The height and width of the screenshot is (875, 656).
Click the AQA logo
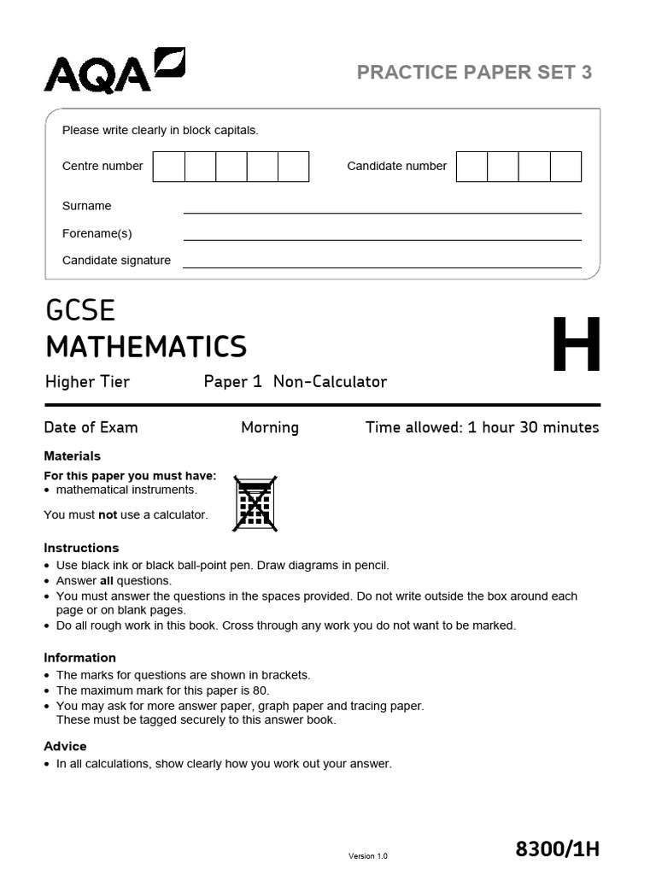click(x=114, y=71)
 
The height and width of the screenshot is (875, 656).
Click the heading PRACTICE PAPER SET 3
click(x=474, y=73)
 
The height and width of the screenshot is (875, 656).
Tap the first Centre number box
click(x=169, y=167)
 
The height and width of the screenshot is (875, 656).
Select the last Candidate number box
click(x=565, y=167)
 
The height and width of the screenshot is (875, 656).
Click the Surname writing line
click(x=382, y=207)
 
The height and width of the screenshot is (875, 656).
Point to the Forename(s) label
click(x=97, y=233)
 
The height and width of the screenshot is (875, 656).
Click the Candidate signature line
click(x=382, y=261)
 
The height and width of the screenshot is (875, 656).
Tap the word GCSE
click(x=80, y=310)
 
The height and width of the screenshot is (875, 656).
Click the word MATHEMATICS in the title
click(x=146, y=347)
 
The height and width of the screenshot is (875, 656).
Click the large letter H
click(x=576, y=346)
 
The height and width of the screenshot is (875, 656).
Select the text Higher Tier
click(x=87, y=382)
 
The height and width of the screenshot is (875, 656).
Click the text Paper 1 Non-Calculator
click(x=295, y=382)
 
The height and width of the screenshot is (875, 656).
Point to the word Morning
click(x=270, y=427)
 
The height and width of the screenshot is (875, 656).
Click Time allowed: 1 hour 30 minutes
click(x=482, y=427)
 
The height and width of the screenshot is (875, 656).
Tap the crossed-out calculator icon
click(x=255, y=503)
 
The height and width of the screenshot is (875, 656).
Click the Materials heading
click(x=72, y=456)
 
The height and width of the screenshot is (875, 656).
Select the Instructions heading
click(x=81, y=548)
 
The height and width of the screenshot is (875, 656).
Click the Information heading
click(x=79, y=658)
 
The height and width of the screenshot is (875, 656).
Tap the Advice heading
click(x=65, y=747)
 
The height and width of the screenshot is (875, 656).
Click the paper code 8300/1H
click(x=558, y=849)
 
